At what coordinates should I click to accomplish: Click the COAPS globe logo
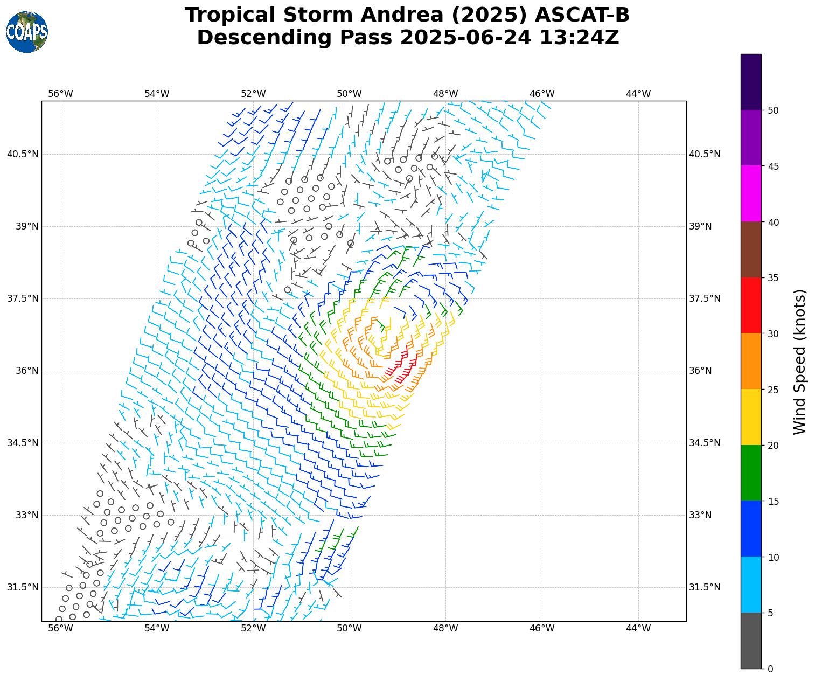(x=27, y=32)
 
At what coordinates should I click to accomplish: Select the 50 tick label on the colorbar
(x=773, y=110)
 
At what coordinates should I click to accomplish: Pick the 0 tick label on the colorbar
(x=770, y=669)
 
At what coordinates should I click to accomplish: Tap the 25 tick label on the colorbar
(x=773, y=390)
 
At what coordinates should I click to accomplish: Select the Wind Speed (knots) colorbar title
(x=800, y=362)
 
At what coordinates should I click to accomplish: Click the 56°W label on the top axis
(x=60, y=94)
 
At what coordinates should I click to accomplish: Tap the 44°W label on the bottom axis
(x=638, y=628)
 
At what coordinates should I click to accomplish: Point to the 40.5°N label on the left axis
(x=23, y=154)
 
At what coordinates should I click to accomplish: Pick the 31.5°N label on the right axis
(x=705, y=587)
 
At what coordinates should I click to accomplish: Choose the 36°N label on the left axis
(x=27, y=371)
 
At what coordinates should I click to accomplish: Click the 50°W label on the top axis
(x=350, y=94)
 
